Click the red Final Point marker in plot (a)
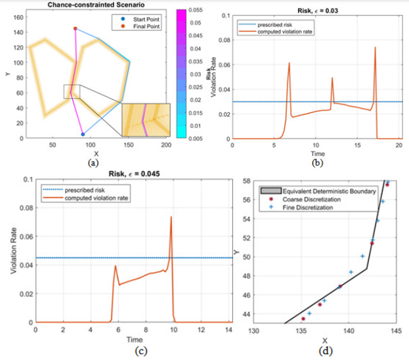pos(75,28)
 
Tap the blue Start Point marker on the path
pos(83,134)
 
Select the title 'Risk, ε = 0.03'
pos(316,5)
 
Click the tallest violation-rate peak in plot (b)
pos(376,47)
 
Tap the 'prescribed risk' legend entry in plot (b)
pos(272,25)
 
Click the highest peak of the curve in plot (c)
pos(171,217)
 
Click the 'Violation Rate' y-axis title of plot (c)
pos(13,253)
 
